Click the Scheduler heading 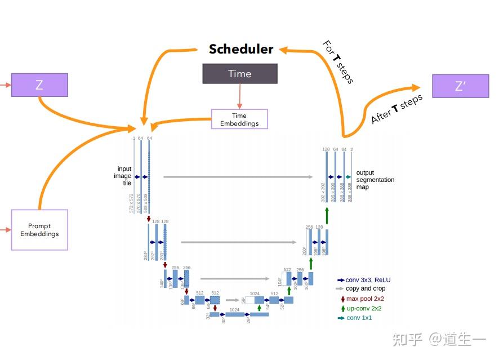click(x=240, y=49)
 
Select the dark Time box click(x=239, y=74)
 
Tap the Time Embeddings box click(x=239, y=119)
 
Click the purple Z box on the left click(x=39, y=85)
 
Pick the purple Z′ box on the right click(x=460, y=86)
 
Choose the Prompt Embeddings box click(x=39, y=230)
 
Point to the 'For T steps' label click(x=338, y=62)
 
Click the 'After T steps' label click(x=396, y=109)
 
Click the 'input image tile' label click(x=124, y=176)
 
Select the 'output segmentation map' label click(x=375, y=180)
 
